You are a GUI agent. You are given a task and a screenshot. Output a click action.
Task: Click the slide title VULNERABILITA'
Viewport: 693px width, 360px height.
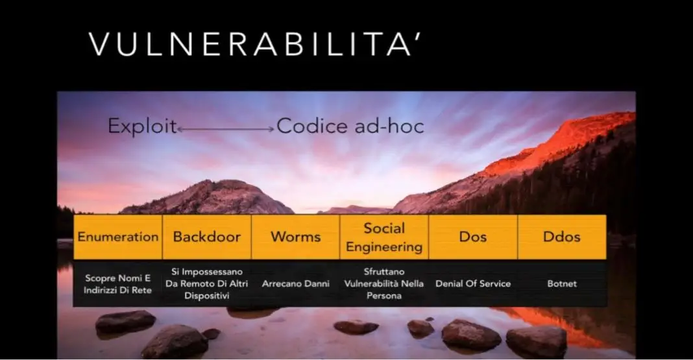click(255, 43)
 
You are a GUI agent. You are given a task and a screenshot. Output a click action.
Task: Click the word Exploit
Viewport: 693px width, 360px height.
click(142, 126)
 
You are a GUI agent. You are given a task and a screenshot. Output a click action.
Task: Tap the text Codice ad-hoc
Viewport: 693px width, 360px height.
click(350, 126)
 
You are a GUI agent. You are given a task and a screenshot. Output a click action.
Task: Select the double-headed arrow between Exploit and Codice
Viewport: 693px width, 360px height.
click(225, 129)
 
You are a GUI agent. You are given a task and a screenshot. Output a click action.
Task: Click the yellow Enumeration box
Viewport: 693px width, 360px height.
click(118, 237)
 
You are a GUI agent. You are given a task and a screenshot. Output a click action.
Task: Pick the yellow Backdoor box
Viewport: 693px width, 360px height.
click(207, 237)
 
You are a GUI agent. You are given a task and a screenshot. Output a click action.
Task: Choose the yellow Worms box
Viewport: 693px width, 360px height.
click(296, 237)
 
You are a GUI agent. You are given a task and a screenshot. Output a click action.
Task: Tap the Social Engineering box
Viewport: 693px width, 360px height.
click(384, 237)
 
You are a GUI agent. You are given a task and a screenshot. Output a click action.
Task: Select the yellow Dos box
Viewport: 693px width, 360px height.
click(473, 237)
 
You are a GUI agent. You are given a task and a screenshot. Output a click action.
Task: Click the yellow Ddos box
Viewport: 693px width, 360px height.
click(562, 237)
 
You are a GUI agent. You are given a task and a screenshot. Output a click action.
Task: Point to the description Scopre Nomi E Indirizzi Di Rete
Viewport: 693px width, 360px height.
click(117, 284)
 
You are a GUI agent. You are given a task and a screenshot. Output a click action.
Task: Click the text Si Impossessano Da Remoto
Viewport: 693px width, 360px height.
click(207, 278)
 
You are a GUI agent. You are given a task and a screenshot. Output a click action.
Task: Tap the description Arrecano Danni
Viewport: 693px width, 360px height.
click(296, 283)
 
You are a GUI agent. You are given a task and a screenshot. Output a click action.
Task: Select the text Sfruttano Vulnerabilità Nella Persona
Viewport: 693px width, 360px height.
click(384, 283)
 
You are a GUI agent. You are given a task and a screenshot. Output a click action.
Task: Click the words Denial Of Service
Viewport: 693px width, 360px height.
click(473, 283)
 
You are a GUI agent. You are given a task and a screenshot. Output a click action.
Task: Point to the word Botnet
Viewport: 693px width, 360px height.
click(562, 283)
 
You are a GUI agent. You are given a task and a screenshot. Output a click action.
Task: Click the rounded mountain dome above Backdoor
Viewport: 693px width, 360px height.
click(208, 197)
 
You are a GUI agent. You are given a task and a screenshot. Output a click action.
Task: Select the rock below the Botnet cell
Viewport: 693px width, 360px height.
click(536, 342)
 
